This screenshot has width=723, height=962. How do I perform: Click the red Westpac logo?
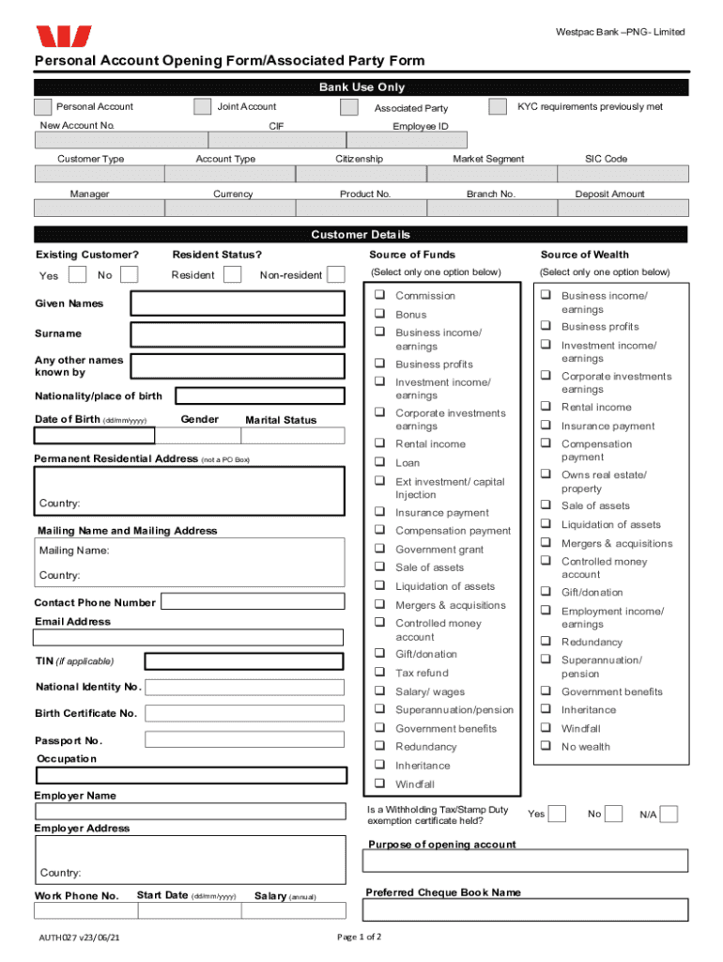[x=63, y=37]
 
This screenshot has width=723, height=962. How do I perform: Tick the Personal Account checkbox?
[x=42, y=107]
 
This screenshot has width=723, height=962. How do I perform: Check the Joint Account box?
[x=202, y=107]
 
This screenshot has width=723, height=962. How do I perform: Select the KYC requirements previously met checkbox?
[x=498, y=107]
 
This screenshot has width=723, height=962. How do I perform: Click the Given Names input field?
[x=244, y=303]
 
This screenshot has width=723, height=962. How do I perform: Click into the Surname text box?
[x=244, y=334]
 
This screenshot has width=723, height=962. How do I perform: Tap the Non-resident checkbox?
[x=335, y=274]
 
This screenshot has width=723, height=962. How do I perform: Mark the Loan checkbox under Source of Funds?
[x=381, y=462]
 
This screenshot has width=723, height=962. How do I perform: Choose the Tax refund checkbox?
[x=381, y=673]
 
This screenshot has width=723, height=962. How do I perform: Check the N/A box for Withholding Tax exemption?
[x=669, y=814]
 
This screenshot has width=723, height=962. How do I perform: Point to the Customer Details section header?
[x=361, y=235]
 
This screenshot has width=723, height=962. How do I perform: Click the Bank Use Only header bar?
[x=361, y=87]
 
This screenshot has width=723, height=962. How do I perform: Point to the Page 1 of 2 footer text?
[x=359, y=938]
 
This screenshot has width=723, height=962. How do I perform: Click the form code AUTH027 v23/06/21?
[x=79, y=939]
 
